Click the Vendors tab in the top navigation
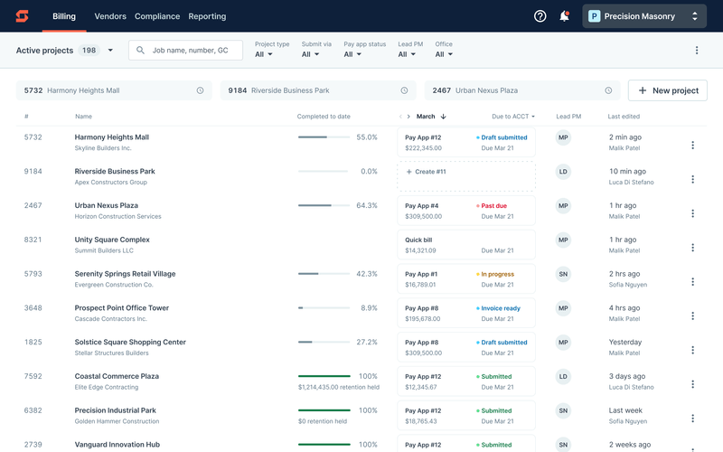click(110, 16)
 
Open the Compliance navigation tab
click(157, 16)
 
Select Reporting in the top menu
click(207, 16)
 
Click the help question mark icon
click(540, 16)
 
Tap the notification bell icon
click(564, 16)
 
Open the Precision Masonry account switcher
click(644, 16)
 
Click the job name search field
click(186, 51)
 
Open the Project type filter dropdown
click(264, 54)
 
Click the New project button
click(668, 90)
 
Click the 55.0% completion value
click(367, 137)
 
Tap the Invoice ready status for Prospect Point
click(500, 308)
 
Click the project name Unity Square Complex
click(112, 240)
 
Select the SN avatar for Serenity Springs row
click(563, 274)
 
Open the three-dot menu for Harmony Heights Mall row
click(693, 145)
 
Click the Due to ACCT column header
click(512, 117)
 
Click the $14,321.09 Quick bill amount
click(420, 250)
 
